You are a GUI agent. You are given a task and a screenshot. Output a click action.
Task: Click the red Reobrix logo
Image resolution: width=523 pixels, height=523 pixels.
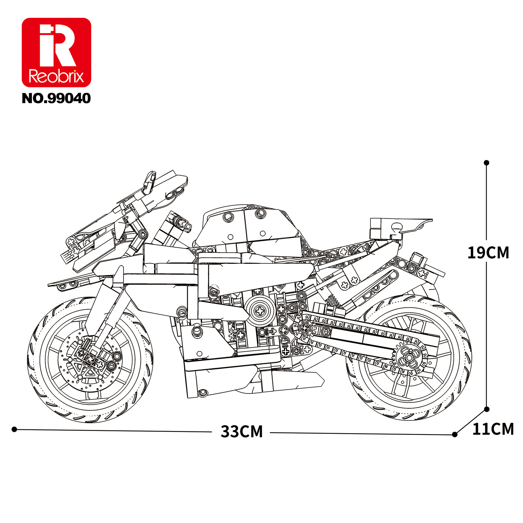(56, 53)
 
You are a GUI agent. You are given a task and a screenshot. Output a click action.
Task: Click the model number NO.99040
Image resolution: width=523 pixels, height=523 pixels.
(56, 99)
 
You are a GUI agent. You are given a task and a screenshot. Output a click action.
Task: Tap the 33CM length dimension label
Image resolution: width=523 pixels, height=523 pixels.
(242, 431)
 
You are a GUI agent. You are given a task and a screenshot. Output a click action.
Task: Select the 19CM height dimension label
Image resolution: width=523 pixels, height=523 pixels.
(488, 253)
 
